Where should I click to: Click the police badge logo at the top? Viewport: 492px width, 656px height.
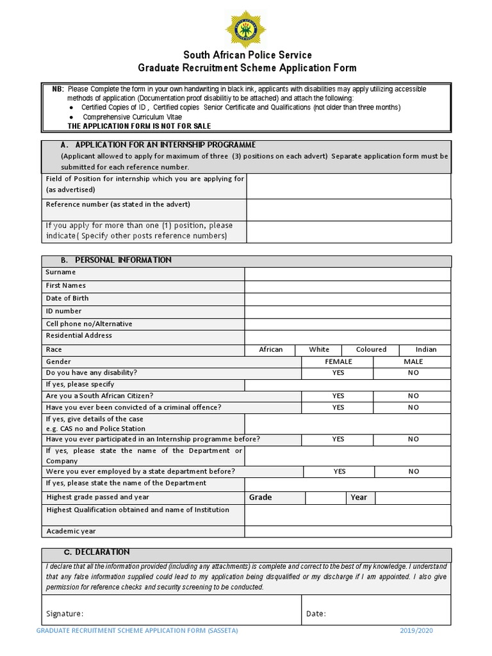coord(246,28)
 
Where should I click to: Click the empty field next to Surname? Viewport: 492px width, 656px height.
coord(348,274)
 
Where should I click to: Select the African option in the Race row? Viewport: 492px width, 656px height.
coord(270,350)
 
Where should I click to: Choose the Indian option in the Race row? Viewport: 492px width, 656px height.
coord(425,350)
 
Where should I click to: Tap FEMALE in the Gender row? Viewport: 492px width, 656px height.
coord(338,362)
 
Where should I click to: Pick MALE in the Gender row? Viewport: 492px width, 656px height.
coord(413,362)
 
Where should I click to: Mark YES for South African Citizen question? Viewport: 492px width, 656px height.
coord(338,396)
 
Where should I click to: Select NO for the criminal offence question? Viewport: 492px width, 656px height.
coord(413,407)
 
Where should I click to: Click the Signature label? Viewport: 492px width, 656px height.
coord(65,614)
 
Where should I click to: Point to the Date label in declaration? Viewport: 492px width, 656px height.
coord(316,614)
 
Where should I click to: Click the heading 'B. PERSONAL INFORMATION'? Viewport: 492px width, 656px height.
coord(116,260)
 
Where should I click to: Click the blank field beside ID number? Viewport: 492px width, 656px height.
coord(348,311)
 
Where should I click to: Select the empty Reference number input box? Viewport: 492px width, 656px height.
coord(349,209)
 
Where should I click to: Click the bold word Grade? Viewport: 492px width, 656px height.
coord(260,497)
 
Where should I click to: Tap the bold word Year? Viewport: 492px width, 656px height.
coord(359,497)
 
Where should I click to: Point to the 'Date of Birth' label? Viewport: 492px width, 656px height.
coord(67,299)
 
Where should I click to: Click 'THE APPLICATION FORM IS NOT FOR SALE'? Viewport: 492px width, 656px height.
coord(139,126)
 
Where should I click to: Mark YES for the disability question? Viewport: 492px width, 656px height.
coord(338,373)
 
